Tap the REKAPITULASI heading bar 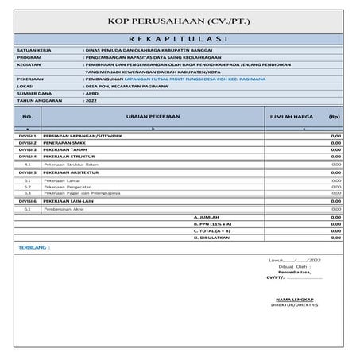[179, 37]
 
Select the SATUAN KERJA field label [33, 51]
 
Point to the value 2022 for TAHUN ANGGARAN [91, 102]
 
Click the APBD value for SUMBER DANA [91, 95]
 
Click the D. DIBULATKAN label [211, 238]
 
